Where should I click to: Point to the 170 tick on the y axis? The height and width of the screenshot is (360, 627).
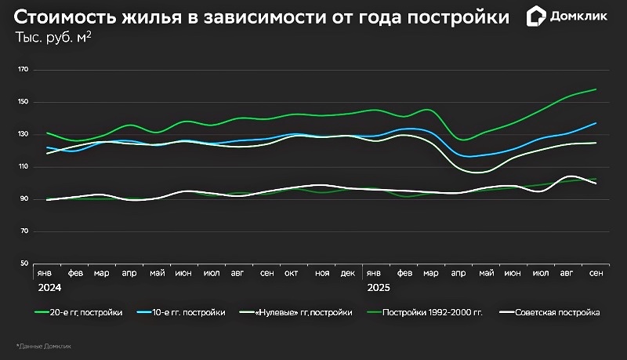tap(22, 70)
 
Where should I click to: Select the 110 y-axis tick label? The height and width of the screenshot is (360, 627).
tap(22, 167)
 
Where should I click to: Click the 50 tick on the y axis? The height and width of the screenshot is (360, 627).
tap(24, 264)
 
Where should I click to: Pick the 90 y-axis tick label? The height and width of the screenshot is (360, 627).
tap(24, 199)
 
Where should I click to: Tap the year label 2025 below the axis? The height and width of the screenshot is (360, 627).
tap(379, 288)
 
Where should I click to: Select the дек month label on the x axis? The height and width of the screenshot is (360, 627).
tap(348, 273)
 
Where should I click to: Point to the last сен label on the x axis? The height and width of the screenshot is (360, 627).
tap(596, 273)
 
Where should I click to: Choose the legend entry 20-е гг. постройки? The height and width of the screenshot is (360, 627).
tap(79, 312)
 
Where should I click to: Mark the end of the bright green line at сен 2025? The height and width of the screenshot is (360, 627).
tap(596, 89)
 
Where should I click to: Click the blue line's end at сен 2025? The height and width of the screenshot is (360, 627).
tap(596, 123)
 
